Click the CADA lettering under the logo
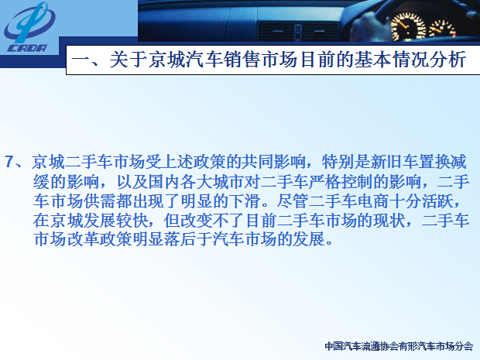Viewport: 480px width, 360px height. pos(27,48)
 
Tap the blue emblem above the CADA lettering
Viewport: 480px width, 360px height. pos(29,22)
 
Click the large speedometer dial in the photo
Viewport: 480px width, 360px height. pos(408,27)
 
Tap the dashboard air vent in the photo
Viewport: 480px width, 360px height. pos(297,32)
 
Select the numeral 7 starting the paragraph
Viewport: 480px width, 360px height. pos(9,161)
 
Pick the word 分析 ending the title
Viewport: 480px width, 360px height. pos(448,60)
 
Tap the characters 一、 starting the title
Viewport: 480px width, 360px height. pos(89,60)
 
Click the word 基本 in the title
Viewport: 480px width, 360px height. pos(372,60)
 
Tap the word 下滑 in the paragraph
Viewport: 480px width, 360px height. pos(245,201)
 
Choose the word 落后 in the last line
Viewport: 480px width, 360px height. pos(180,239)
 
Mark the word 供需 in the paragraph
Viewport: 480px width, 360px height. pos(99,201)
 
